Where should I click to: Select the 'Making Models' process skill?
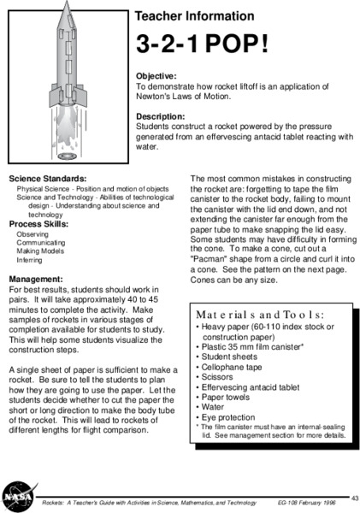41,251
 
